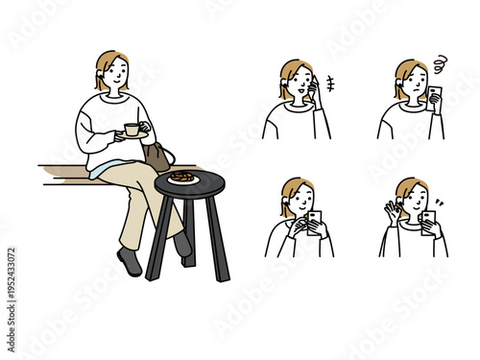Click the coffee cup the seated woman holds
131,129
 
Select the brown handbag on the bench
156,155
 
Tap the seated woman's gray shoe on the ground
129,261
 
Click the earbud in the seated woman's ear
99,81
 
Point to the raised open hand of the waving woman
394,210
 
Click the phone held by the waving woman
427,222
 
